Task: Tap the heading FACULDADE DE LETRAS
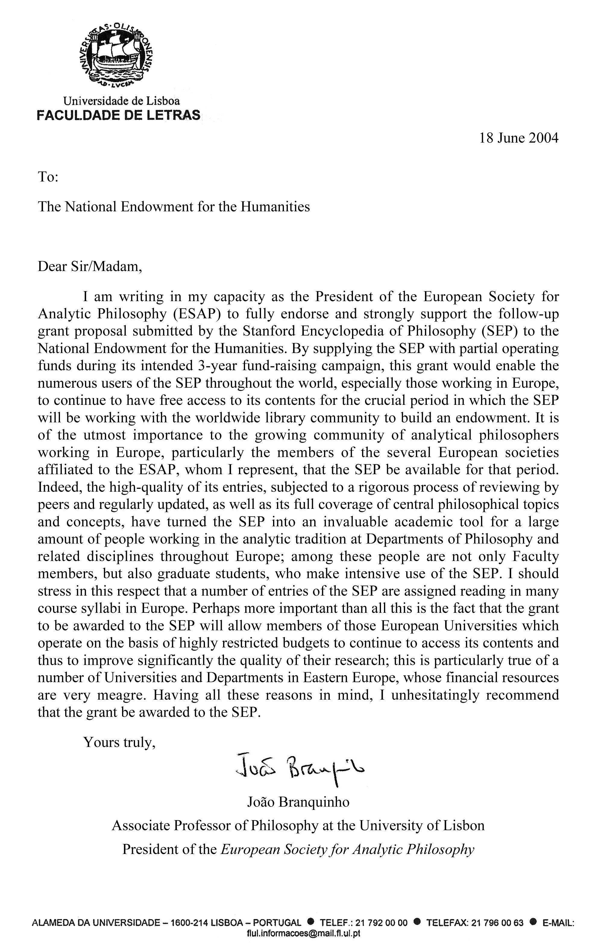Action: click(118, 115)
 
